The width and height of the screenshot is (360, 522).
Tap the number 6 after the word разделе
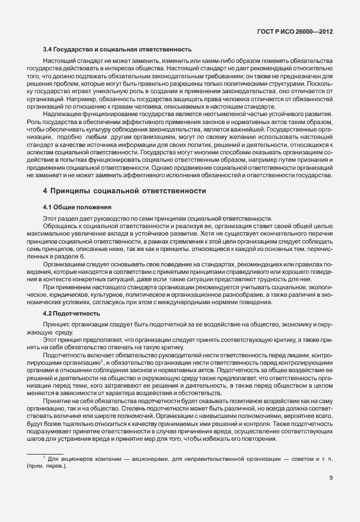point(82,257)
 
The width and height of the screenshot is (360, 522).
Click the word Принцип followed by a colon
point(56,324)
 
